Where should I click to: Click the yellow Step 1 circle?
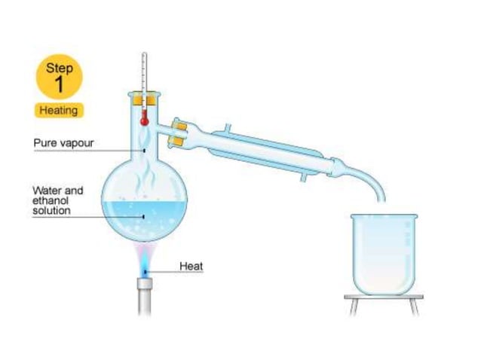tap(60, 76)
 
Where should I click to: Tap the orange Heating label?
tap(60, 110)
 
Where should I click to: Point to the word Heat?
tap(191, 266)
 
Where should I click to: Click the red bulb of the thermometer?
tap(143, 118)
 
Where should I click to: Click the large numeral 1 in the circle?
tap(60, 84)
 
